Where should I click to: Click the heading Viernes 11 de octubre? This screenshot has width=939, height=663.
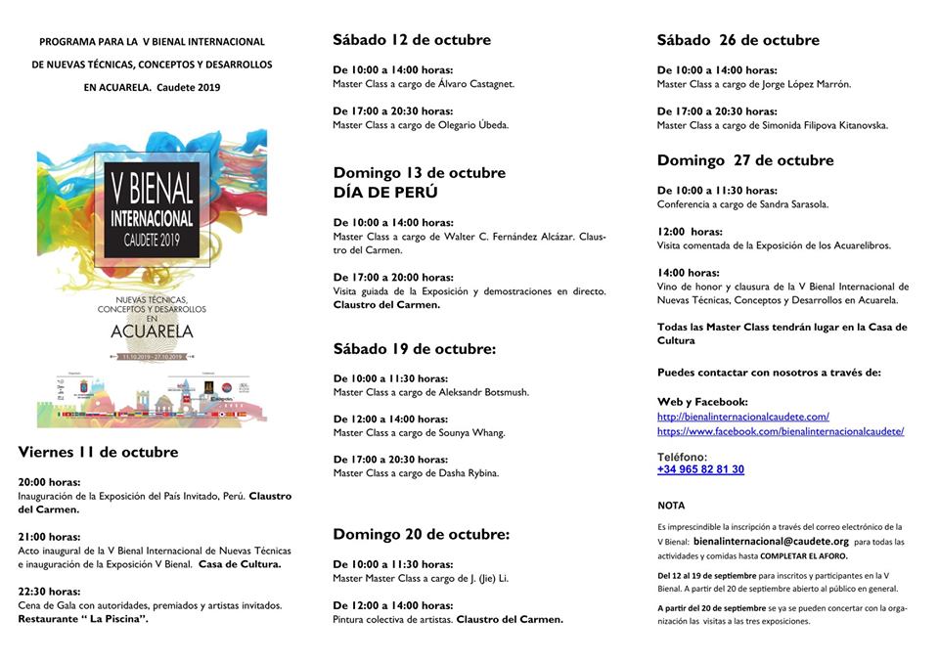coord(98,452)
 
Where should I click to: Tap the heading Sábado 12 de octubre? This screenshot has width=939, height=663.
coord(411,40)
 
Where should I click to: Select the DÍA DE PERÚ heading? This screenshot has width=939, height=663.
coord(385,193)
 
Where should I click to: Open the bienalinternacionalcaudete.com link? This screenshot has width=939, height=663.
coord(742,417)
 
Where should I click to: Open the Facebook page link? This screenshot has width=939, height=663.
coord(780,431)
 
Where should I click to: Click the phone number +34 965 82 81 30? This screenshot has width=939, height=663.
coord(700,469)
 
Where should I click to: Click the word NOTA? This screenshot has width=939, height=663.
coord(671,506)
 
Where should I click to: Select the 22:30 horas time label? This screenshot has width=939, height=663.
coord(49,592)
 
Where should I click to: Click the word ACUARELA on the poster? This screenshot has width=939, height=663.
coord(152,331)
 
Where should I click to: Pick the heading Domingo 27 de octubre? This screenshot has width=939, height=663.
coord(744,160)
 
